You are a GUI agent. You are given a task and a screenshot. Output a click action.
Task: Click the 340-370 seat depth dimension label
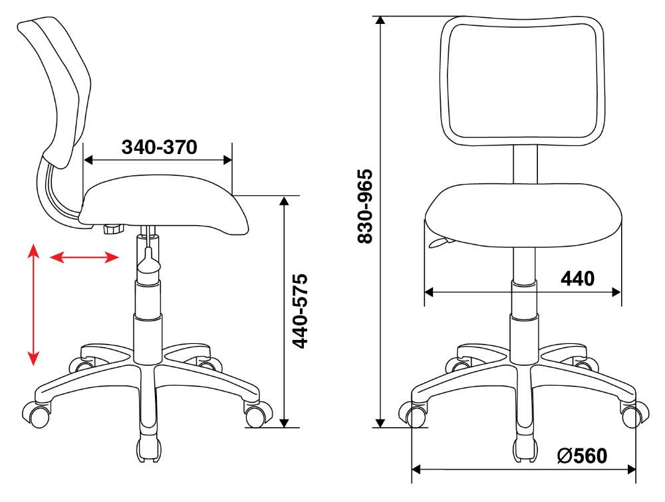[x=160, y=147]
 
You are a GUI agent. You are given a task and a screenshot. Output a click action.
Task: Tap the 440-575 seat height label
[x=301, y=311]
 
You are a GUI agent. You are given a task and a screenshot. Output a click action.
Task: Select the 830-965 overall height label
[x=364, y=207]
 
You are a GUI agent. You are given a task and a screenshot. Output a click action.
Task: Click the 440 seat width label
[x=578, y=278]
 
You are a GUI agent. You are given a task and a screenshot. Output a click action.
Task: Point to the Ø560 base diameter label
[x=583, y=456]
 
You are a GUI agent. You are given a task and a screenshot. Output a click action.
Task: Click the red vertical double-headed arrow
[x=33, y=304]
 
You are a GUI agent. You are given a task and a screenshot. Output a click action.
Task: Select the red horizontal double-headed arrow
[x=84, y=257]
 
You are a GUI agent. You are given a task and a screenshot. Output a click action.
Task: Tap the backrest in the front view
[x=522, y=80]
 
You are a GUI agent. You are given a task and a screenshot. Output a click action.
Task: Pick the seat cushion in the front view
[x=523, y=215]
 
